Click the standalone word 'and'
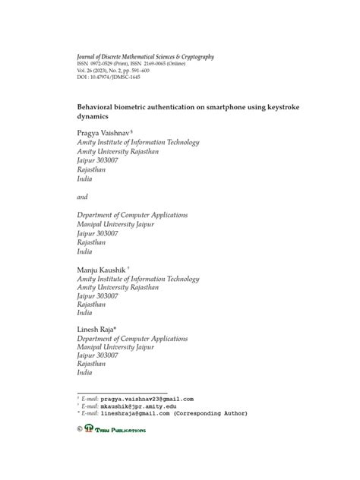tap(84, 196)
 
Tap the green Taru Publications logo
tap(115, 430)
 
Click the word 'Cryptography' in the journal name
tap(190, 56)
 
